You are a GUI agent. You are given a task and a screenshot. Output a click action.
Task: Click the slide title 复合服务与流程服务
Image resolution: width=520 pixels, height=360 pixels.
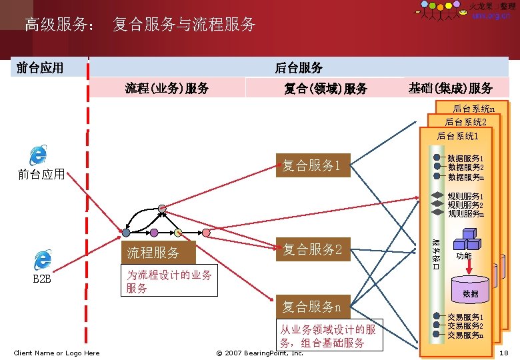tap(184, 25)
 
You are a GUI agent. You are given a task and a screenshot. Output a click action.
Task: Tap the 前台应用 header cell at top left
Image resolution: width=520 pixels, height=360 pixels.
tap(40, 67)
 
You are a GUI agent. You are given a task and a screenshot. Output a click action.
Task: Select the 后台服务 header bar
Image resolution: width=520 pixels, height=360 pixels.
tap(299, 67)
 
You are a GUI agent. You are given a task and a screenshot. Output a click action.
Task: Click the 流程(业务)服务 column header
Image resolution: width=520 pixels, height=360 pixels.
tap(167, 88)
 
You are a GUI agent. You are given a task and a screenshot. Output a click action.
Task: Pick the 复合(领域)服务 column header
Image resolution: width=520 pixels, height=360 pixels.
tap(325, 88)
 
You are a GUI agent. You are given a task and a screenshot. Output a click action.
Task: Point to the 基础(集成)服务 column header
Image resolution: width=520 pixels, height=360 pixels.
tap(451, 88)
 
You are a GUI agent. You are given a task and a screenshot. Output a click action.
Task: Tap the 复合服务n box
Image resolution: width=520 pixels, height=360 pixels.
tap(311, 307)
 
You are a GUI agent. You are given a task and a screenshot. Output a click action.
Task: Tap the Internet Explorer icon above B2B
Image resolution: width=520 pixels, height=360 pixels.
tap(43, 260)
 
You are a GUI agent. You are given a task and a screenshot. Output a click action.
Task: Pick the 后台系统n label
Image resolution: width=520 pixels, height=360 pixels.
tap(473, 109)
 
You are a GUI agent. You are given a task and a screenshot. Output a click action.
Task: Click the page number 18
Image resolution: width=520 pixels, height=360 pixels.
tap(503, 353)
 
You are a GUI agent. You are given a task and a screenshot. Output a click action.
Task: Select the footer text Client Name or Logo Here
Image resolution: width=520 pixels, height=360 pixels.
tap(57, 353)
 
